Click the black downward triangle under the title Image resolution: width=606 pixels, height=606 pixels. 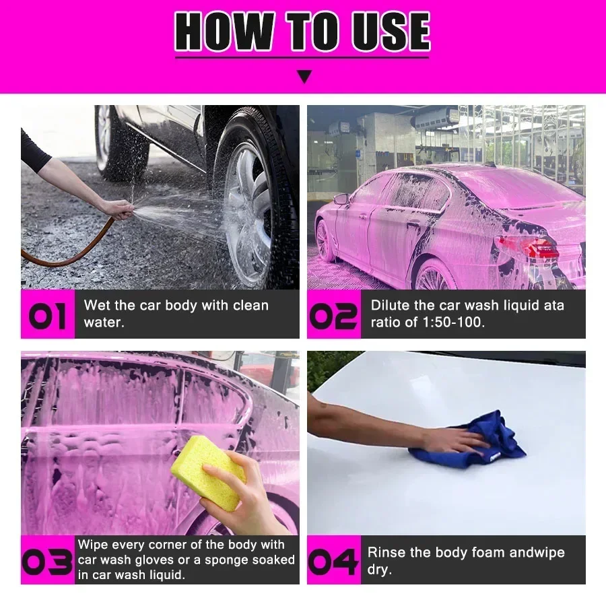(x=304, y=76)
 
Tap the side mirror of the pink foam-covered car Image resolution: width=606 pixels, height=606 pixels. (x=341, y=199)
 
